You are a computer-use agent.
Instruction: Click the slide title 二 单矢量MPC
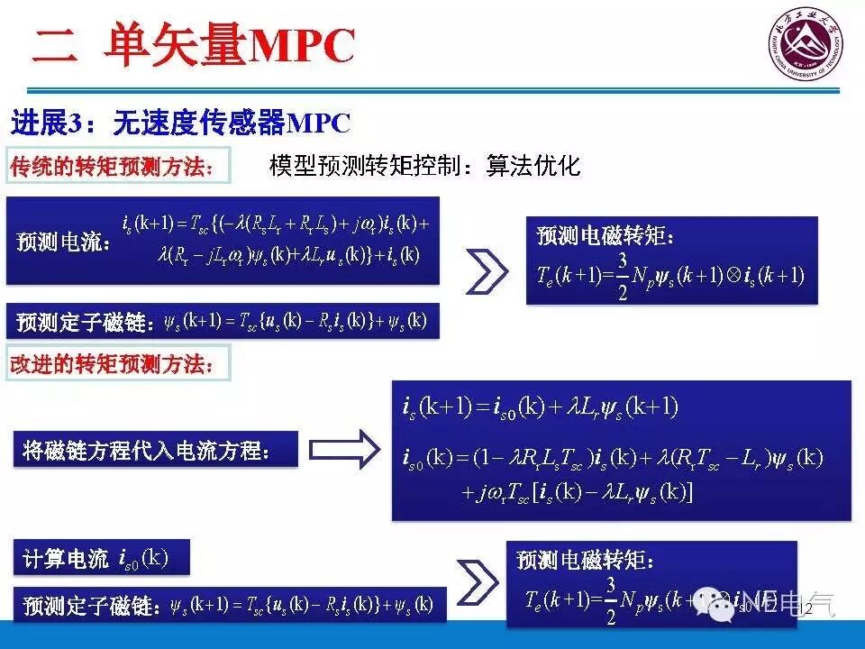(x=194, y=45)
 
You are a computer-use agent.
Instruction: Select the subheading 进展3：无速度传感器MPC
(x=179, y=123)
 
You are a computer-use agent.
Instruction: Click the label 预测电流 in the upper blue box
(x=63, y=243)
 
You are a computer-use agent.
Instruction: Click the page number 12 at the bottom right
(x=806, y=610)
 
